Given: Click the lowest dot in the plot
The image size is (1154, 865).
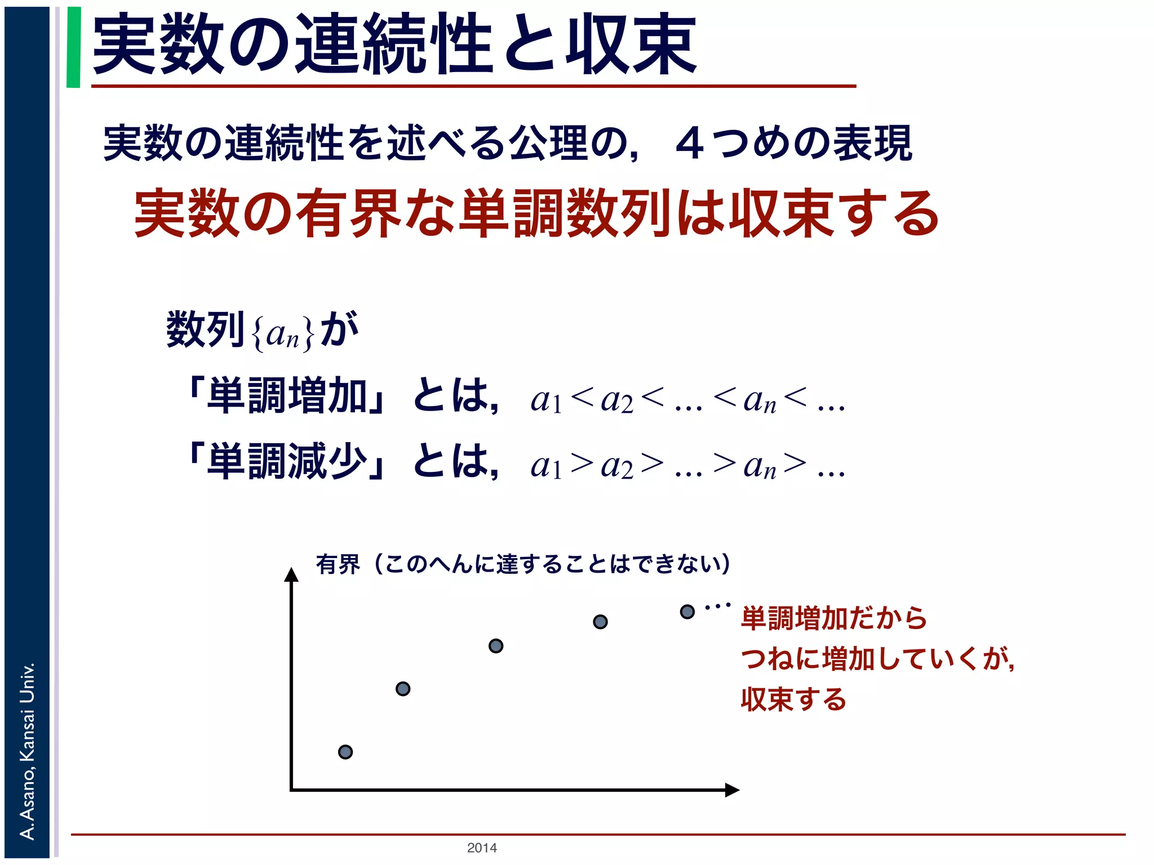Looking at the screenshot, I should (345, 752).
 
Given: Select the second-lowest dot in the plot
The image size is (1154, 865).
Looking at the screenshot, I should (403, 689).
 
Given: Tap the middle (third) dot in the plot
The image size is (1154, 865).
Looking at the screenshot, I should (496, 646).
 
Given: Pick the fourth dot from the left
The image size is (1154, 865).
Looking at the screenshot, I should (601, 622).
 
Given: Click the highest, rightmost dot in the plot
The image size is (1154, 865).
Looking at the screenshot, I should (687, 612).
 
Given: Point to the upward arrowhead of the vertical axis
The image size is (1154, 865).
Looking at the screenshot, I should (291, 574).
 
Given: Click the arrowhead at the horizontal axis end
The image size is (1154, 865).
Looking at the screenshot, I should (731, 790).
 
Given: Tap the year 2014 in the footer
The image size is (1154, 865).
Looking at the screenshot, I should (482, 848).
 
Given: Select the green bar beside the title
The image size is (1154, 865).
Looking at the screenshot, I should (73, 47).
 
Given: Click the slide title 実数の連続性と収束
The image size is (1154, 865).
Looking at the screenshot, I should (394, 45).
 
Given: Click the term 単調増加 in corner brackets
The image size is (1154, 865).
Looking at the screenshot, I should (288, 396).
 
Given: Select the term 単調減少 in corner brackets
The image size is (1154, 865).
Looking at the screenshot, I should (288, 462).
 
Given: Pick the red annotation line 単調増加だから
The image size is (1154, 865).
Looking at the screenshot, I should (834, 618).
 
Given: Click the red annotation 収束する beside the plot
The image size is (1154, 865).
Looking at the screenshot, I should (793, 699).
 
